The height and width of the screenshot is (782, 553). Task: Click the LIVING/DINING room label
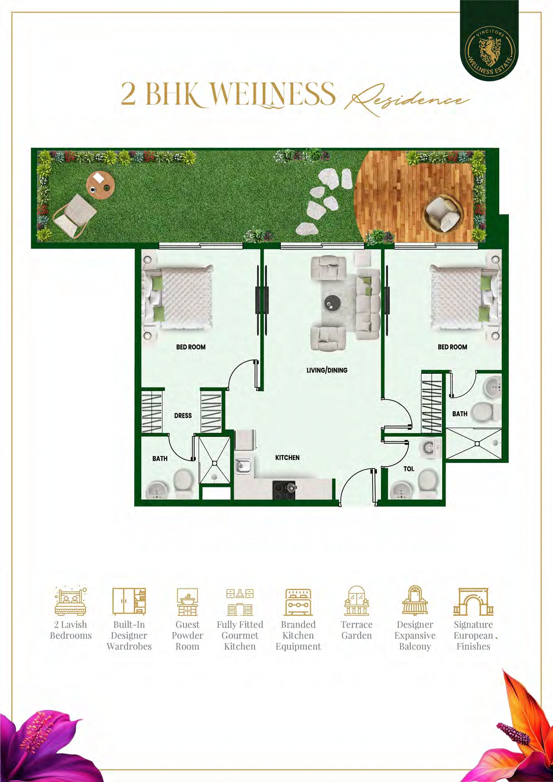327,370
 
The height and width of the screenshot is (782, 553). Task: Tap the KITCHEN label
287,458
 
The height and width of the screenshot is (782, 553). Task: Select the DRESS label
183,416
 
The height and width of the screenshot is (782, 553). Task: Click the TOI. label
409,469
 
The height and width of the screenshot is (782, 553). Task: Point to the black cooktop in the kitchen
284,490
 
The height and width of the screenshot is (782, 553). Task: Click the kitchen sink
243,467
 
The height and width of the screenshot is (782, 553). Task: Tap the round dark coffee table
332,303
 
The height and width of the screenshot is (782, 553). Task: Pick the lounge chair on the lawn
75,215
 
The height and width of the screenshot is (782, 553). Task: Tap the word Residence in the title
408,99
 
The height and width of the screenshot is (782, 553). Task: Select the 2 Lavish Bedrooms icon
70,601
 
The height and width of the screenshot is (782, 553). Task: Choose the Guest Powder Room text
187,635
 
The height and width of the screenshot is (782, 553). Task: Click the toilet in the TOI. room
428,481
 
